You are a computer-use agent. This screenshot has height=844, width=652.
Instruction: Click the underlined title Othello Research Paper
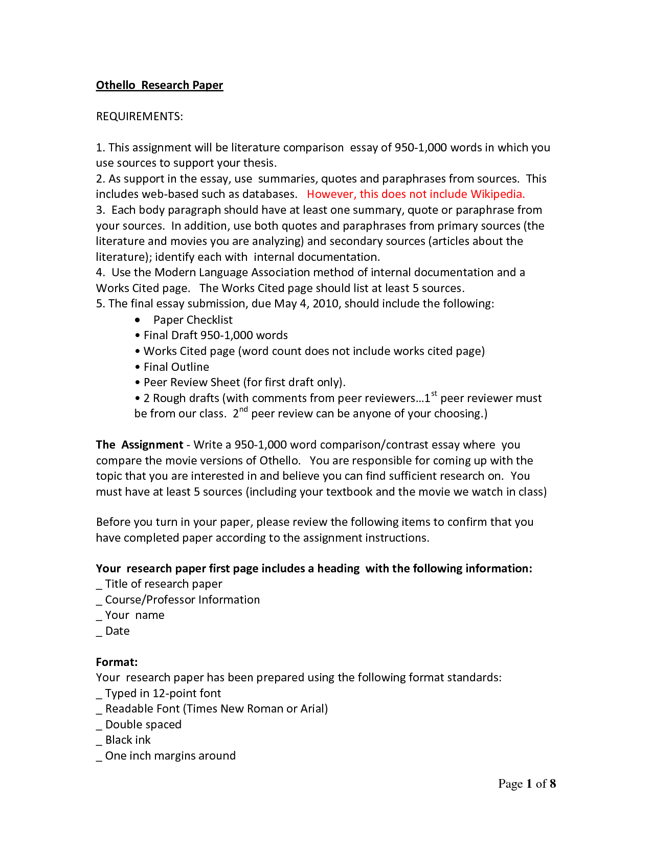click(160, 85)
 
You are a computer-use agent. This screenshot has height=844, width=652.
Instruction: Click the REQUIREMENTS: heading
click(139, 117)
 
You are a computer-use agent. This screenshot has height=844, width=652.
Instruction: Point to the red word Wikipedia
click(497, 194)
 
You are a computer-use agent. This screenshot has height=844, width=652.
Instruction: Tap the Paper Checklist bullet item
click(193, 320)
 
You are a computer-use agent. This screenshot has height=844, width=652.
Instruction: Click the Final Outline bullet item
click(176, 367)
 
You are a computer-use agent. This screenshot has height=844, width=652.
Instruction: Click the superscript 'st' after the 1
click(434, 394)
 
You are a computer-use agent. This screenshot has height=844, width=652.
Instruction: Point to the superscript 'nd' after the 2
click(243, 409)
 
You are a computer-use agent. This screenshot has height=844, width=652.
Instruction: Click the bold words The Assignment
click(139, 445)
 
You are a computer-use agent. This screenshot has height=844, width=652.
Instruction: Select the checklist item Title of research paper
click(163, 584)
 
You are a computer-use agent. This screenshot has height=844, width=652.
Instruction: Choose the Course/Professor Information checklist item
click(182, 600)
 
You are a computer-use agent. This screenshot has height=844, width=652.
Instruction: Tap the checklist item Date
click(117, 631)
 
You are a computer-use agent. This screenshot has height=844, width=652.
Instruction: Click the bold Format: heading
click(117, 662)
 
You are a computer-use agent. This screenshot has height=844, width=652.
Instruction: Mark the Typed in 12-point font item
click(163, 694)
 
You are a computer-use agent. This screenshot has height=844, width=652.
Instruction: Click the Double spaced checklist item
click(143, 725)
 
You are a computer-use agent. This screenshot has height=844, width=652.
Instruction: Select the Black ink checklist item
click(128, 740)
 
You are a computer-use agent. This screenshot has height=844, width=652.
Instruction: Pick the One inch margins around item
click(170, 756)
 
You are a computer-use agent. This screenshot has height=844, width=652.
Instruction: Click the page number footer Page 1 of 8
click(527, 784)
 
